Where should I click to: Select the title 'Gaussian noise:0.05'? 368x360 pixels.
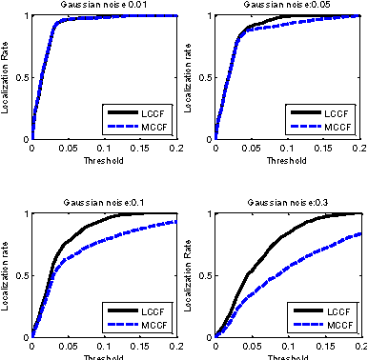pyautogui.click(x=289, y=6)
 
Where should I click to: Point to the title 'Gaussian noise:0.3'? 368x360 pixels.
pyautogui.click(x=289, y=203)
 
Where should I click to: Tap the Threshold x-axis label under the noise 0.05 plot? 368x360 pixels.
pyautogui.click(x=289, y=160)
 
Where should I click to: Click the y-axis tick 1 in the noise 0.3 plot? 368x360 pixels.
pyautogui.click(x=212, y=213)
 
